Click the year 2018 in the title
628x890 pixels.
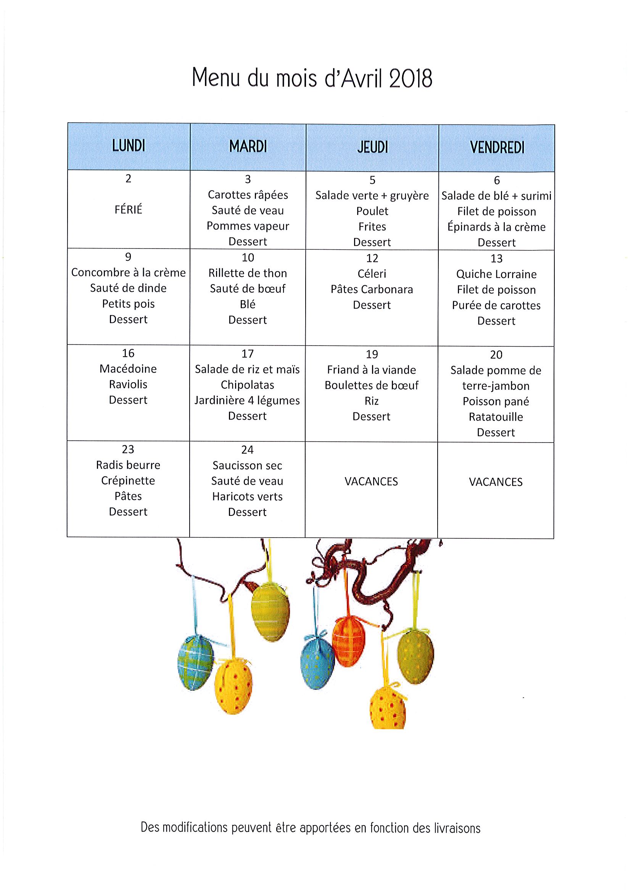(x=410, y=78)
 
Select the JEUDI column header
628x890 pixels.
(x=372, y=147)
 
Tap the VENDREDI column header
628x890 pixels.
(x=497, y=147)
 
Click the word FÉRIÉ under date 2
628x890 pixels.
(x=128, y=209)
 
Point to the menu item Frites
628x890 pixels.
(x=372, y=226)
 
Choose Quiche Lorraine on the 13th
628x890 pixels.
(x=496, y=274)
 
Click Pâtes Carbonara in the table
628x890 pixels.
(x=372, y=289)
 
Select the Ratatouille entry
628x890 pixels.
(x=496, y=417)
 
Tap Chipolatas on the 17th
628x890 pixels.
(x=247, y=385)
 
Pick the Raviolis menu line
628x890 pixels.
(x=128, y=384)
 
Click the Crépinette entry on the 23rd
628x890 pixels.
(x=128, y=481)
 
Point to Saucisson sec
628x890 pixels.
(x=247, y=465)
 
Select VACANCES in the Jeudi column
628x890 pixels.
(x=371, y=481)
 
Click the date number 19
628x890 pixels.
(x=372, y=354)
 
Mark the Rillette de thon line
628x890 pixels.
(x=248, y=273)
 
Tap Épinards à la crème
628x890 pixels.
(x=496, y=227)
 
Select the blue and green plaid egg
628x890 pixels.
(x=196, y=662)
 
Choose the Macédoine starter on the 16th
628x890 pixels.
(x=128, y=368)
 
